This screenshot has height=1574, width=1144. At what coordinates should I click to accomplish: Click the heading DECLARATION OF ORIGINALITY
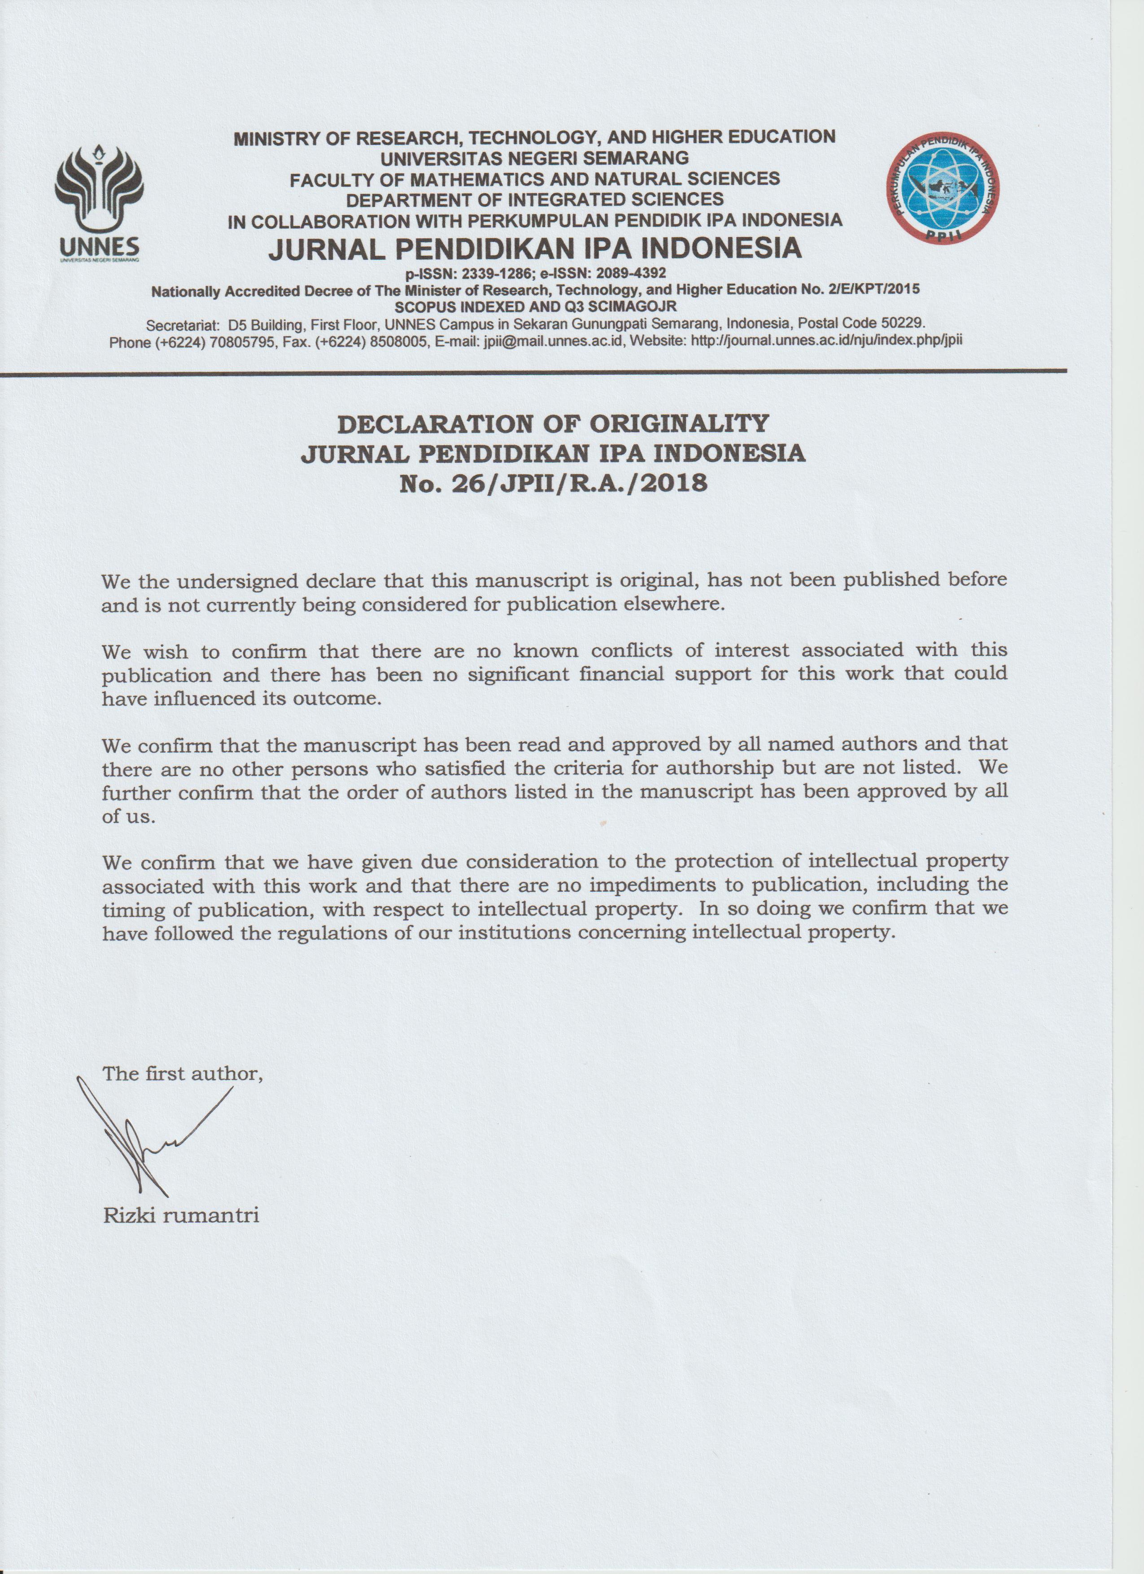553,423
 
